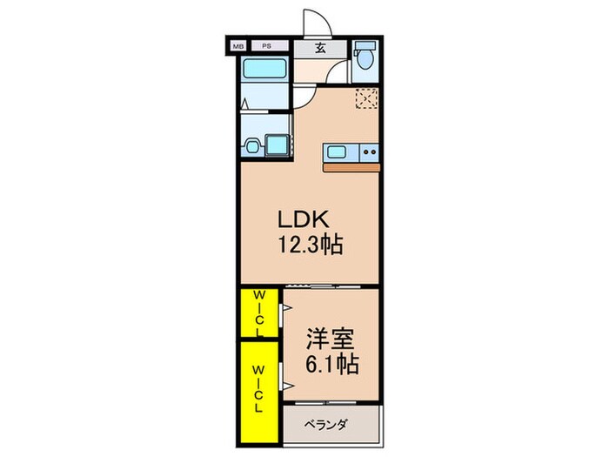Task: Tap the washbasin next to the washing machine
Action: click(x=252, y=147)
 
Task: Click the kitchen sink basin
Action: click(x=337, y=153)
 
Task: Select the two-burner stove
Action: click(x=368, y=153)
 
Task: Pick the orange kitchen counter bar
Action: click(x=352, y=166)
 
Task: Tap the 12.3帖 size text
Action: click(x=309, y=245)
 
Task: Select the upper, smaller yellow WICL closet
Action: click(x=259, y=313)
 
